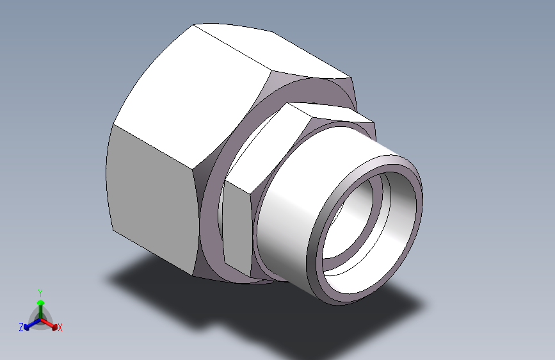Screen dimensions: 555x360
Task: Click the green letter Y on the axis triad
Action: pos(40,293)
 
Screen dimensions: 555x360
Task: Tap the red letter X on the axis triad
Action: pos(60,328)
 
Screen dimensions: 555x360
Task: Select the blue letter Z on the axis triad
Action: pos(21,327)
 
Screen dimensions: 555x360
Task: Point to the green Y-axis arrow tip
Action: pos(41,303)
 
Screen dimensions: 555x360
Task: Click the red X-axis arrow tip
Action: pos(54,327)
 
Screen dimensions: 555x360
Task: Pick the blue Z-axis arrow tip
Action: pos(26,327)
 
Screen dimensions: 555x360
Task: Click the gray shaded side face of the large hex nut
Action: pos(153,199)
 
